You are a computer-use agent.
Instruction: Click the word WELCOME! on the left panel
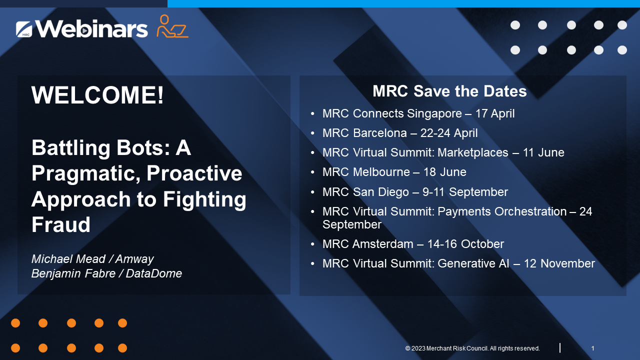(97, 95)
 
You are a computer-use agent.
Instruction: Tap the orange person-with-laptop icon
(172, 26)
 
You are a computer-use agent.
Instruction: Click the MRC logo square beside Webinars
(24, 29)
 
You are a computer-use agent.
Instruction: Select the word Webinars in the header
(91, 28)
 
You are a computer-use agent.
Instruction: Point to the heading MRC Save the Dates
(449, 91)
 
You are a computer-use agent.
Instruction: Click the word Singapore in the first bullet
(434, 113)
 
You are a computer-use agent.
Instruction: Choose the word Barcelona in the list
(379, 133)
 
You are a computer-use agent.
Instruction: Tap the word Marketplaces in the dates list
(473, 152)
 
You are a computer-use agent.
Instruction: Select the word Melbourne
(381, 172)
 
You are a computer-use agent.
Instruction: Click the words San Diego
(381, 192)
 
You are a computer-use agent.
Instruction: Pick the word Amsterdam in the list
(383, 244)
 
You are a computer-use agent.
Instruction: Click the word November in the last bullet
(567, 263)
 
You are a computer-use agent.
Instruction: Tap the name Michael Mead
(68, 259)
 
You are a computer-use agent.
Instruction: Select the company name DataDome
(153, 273)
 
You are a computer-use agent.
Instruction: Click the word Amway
(134, 259)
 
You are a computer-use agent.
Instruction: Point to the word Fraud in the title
(61, 224)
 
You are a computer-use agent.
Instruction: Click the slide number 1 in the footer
(592, 348)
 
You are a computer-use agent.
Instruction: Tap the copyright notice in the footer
(472, 348)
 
